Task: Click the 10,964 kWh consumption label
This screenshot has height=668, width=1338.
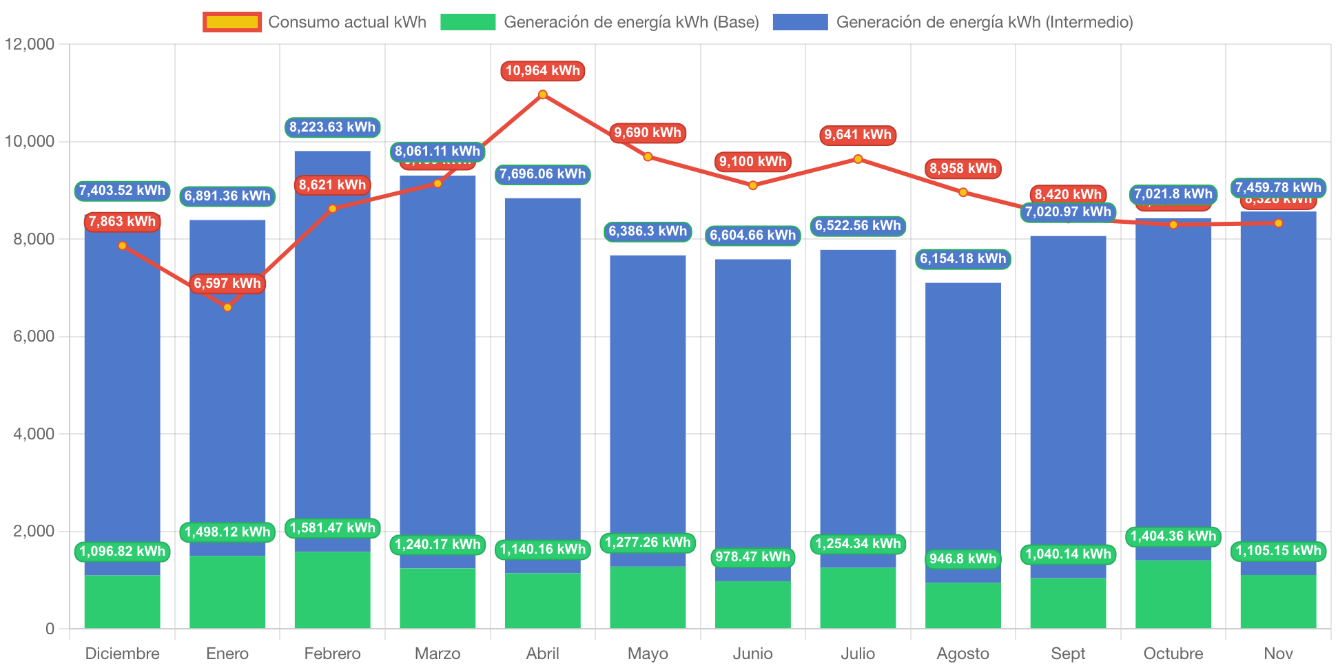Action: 543,71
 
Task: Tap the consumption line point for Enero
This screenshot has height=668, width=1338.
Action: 227,307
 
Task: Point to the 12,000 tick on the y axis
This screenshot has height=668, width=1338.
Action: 30,44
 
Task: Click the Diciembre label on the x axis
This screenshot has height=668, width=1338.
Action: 122,653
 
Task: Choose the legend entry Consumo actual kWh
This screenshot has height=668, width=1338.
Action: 315,22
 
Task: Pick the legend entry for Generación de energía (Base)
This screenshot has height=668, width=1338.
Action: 599,22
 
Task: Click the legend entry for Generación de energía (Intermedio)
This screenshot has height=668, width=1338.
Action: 952,22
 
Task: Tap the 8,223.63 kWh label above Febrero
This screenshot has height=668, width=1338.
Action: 332,127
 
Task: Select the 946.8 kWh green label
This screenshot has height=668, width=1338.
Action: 963,559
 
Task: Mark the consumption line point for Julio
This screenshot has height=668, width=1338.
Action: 858,159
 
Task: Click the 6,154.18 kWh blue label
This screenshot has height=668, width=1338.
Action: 963,259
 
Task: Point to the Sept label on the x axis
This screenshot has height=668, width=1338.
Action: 1068,653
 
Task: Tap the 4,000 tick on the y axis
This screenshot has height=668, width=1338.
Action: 34,434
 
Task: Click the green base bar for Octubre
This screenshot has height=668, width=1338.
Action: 1173,594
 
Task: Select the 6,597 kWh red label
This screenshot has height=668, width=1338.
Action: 227,283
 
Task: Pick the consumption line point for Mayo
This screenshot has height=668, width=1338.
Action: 648,157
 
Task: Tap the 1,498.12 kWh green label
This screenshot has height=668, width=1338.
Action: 227,532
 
